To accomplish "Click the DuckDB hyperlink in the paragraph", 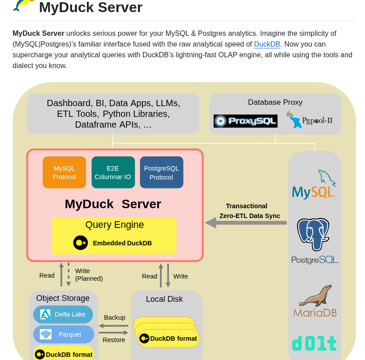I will click(267, 44).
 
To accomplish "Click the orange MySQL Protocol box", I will click(64, 172).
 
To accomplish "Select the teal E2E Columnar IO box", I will click(113, 172).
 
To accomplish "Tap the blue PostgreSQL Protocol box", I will click(161, 172).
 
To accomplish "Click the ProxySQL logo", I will click(245, 121).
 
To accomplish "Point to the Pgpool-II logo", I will click(309, 120).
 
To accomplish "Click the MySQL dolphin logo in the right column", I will click(314, 184).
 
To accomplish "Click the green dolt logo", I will click(314, 343).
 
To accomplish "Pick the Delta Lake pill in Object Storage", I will click(63, 314).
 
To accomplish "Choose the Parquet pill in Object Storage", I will click(63, 334).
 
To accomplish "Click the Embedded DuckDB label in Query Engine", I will click(122, 243).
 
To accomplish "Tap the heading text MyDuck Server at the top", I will click(90, 7).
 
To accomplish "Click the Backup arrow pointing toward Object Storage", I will click(113, 326).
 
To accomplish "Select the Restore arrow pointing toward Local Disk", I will click(113, 333).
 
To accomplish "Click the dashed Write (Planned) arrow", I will click(69, 274).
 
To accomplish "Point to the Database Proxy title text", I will click(275, 102).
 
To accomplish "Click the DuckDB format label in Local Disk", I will click(173, 339).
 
